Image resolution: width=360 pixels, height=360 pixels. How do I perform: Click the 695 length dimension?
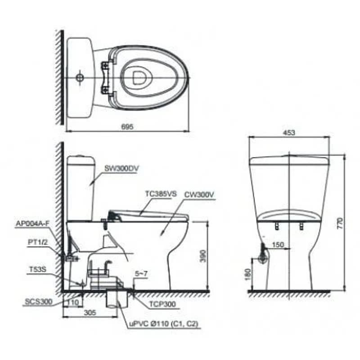[127, 127]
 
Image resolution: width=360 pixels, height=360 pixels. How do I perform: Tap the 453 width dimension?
[289, 132]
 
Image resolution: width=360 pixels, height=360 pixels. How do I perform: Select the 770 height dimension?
[340, 223]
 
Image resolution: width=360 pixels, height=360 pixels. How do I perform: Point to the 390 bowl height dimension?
[203, 256]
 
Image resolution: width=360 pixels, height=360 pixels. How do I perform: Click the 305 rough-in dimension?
[90, 312]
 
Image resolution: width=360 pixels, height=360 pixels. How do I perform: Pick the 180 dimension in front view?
[248, 274]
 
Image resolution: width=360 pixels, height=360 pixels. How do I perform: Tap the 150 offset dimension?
[278, 245]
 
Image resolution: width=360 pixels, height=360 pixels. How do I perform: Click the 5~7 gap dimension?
[141, 274]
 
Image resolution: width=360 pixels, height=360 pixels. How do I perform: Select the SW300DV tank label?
[121, 168]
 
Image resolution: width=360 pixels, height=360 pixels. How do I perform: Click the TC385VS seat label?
[161, 194]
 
